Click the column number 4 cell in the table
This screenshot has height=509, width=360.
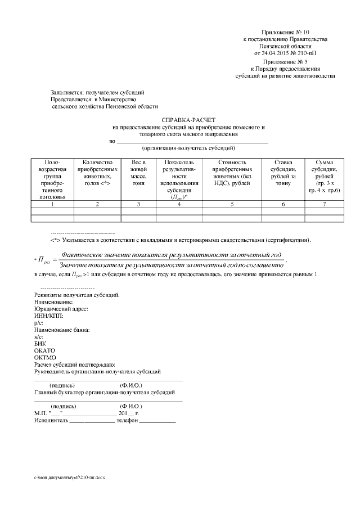click(178, 204)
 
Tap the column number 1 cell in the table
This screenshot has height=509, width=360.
click(52, 204)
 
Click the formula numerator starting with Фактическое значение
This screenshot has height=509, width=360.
click(171, 255)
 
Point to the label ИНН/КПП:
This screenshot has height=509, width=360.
click(49, 316)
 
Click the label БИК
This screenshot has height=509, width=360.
click(40, 343)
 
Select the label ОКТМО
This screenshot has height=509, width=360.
click(45, 357)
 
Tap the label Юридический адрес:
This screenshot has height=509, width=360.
click(61, 309)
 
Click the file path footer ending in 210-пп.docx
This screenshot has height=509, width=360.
click(70, 477)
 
